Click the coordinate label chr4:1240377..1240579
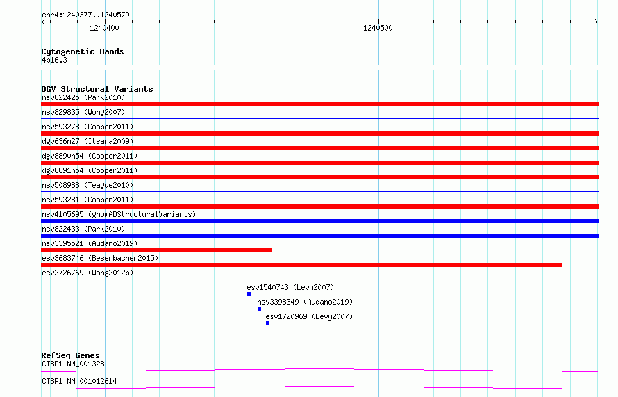tap(85, 15)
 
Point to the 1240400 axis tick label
tap(104, 28)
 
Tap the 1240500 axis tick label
tap(378, 28)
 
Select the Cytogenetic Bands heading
tap(83, 51)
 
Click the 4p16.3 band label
tap(54, 60)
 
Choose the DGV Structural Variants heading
tap(97, 89)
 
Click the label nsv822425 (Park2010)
tap(83, 97)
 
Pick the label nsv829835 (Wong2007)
tap(83, 112)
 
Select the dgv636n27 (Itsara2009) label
tap(87, 141)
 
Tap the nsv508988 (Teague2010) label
tap(87, 185)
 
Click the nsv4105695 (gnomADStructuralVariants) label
tap(119, 214)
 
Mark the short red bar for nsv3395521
tap(156, 250)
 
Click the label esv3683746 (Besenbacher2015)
tap(100, 258)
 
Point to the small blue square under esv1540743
tap(249, 294)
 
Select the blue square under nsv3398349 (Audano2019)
tap(259, 309)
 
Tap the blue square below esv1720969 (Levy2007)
tap(267, 323)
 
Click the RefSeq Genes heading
tap(70, 355)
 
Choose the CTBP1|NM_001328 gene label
tap(73, 364)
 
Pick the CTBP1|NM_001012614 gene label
tap(79, 381)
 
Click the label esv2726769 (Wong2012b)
tap(87, 273)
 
